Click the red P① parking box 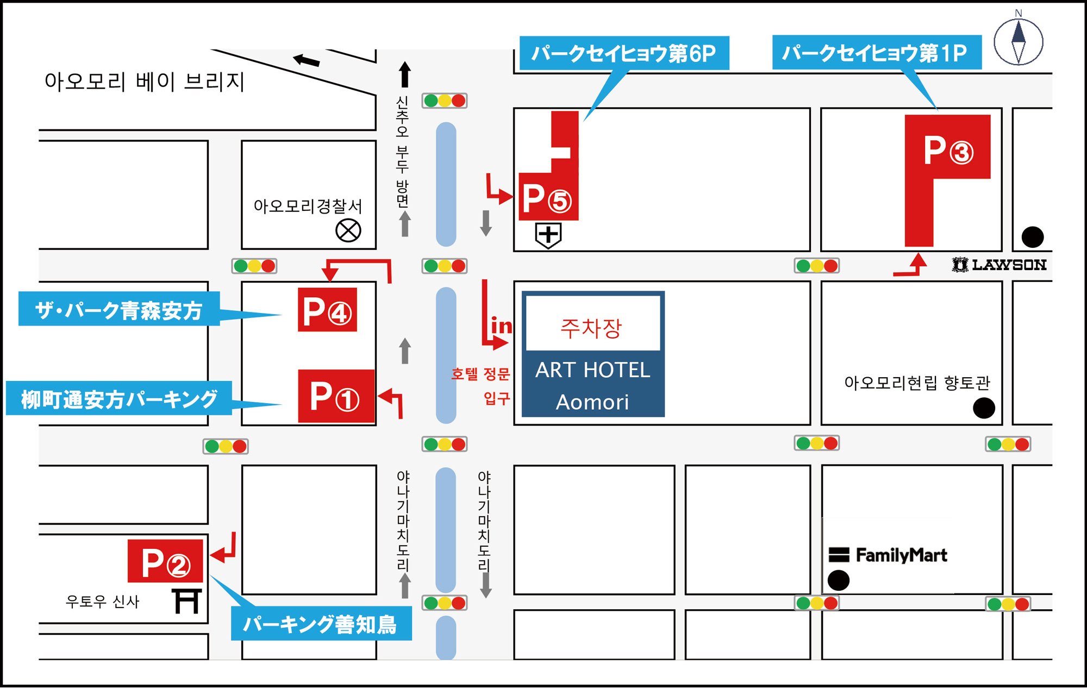[336, 396]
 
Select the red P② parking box [165, 561]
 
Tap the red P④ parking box [327, 310]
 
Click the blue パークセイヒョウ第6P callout [624, 53]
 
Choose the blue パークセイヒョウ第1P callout [877, 52]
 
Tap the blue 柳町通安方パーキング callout [119, 398]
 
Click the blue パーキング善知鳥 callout [321, 623]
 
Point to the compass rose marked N [1019, 41]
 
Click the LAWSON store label [999, 265]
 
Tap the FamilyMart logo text [901, 555]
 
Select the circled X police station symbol [348, 230]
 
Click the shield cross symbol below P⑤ [548, 235]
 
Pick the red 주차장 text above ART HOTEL [591, 328]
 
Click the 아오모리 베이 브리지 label [145, 82]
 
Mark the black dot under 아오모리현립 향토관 [984, 408]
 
